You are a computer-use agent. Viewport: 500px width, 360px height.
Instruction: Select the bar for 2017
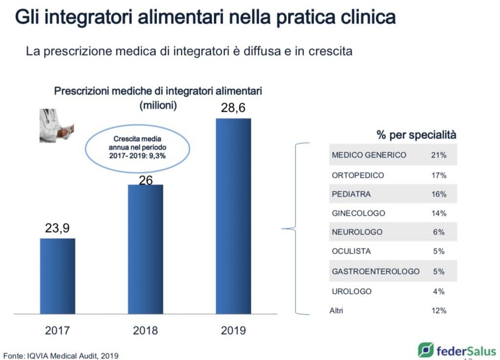tap(57, 276)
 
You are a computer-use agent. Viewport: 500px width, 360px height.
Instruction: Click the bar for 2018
tap(145, 249)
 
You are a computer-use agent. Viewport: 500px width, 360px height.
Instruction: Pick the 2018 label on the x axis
tap(145, 331)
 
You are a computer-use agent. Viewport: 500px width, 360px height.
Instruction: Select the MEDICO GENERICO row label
tap(369, 155)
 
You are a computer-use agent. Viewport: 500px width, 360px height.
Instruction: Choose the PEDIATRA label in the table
tap(351, 194)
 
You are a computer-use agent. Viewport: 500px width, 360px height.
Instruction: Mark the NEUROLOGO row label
tap(357, 233)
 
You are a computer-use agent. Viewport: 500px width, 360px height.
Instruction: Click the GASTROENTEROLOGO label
tap(375, 272)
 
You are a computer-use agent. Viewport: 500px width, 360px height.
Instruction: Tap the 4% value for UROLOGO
tap(438, 291)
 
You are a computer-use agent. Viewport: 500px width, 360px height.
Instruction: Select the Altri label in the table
tap(336, 310)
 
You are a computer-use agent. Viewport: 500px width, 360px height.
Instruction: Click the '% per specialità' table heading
tap(416, 135)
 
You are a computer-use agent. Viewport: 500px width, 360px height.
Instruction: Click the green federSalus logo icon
tap(425, 350)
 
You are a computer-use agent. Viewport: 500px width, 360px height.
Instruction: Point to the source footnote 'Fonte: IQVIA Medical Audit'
tap(61, 356)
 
